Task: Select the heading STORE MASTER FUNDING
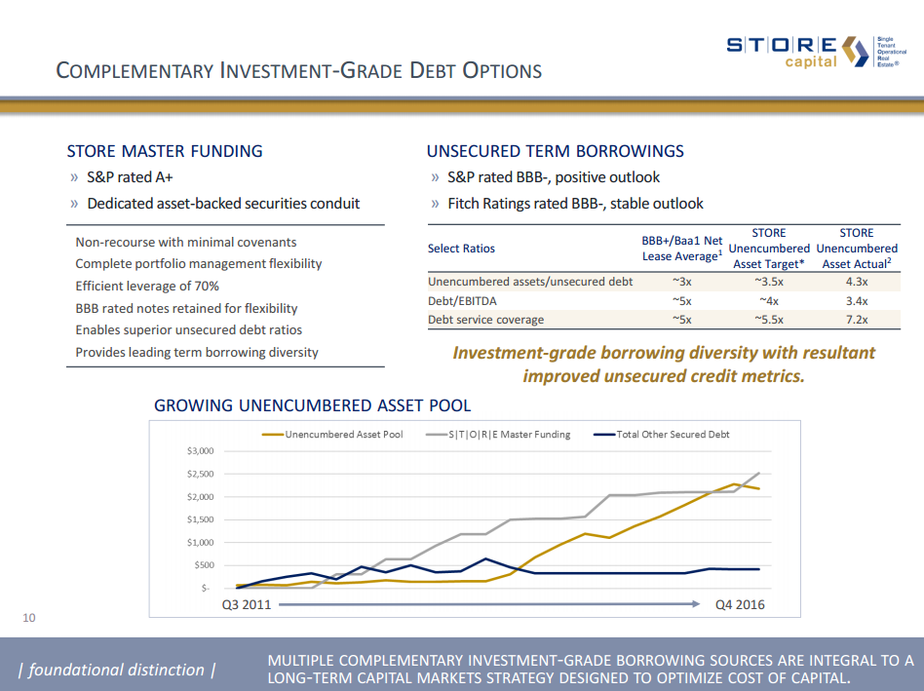click(x=165, y=151)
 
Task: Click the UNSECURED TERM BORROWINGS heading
click(x=556, y=151)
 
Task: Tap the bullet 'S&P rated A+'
click(x=130, y=177)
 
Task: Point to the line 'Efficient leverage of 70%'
click(x=147, y=286)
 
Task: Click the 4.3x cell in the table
click(x=857, y=282)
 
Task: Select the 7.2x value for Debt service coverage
click(x=857, y=320)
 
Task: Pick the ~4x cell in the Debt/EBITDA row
click(x=769, y=301)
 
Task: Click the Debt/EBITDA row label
click(x=462, y=301)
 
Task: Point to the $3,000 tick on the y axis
click(x=199, y=451)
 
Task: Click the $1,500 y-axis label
click(x=199, y=519)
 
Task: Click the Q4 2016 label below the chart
click(x=740, y=604)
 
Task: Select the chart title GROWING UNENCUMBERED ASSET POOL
click(x=312, y=405)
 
